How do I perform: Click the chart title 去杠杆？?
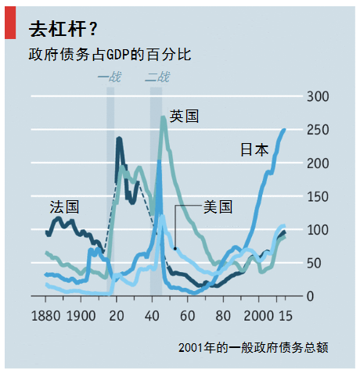click(x=63, y=29)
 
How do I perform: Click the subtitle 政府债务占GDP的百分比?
click(x=109, y=56)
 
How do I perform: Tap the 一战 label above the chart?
click(x=110, y=77)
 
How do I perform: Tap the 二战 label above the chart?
click(x=157, y=77)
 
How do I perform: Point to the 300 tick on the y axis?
click(x=320, y=96)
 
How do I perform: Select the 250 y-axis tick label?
click(x=320, y=130)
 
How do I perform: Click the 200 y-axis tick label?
click(x=320, y=163)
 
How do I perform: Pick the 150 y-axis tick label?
click(x=320, y=196)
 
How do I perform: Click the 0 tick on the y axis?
click(x=311, y=296)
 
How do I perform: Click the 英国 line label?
click(x=184, y=117)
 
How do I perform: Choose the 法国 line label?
click(x=64, y=207)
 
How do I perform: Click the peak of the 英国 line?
click(x=163, y=117)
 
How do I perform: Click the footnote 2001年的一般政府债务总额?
click(x=252, y=347)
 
